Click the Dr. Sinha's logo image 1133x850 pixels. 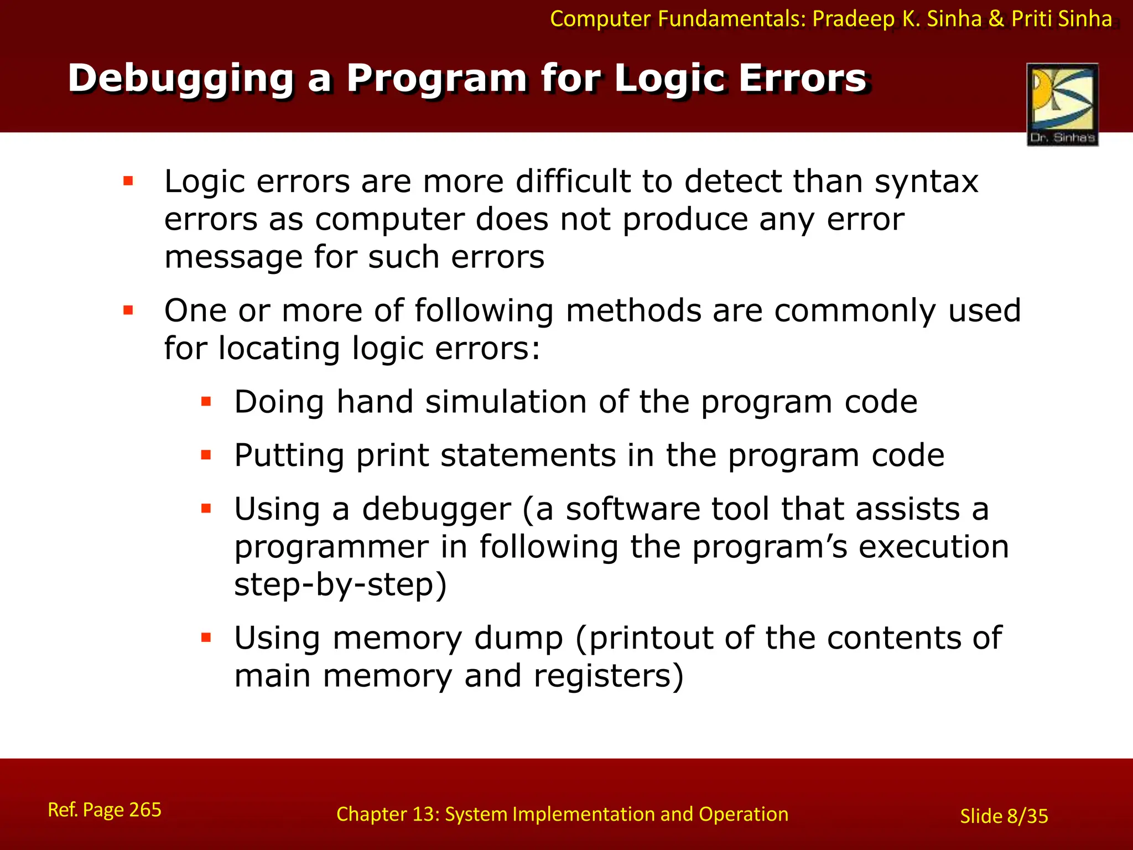click(x=1062, y=104)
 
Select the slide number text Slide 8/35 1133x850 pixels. click(x=1004, y=816)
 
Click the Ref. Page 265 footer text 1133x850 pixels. click(x=105, y=810)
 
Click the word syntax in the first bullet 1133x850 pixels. click(x=926, y=182)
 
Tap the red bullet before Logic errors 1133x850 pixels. click(x=128, y=181)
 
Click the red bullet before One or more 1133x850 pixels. click(x=128, y=310)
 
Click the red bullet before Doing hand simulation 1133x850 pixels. click(x=206, y=402)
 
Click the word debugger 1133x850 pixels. click(x=436, y=510)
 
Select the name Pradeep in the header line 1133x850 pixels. click(x=853, y=19)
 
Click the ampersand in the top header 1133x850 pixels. click(x=996, y=19)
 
